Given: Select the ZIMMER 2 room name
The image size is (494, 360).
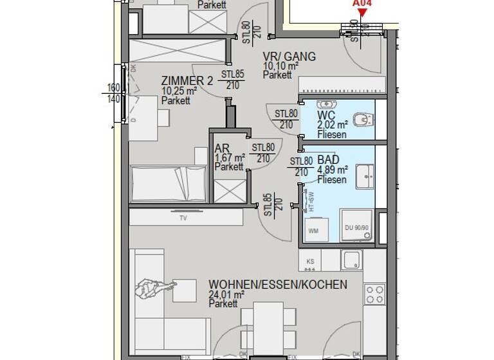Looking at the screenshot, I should pyautogui.click(x=187, y=81).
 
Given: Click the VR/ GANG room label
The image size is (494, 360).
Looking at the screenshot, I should pyautogui.click(x=289, y=57).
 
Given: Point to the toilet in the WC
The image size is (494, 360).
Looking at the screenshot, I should pyautogui.click(x=365, y=119).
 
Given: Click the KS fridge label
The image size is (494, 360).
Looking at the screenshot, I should pyautogui.click(x=310, y=261).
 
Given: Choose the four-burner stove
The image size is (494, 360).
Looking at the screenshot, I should pyautogui.click(x=374, y=294).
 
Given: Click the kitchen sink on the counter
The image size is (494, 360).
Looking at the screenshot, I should pyautogui.click(x=352, y=260).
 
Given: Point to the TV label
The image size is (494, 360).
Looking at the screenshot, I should pyautogui.click(x=183, y=218).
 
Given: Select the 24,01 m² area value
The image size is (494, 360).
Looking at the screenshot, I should pyautogui.click(x=226, y=295).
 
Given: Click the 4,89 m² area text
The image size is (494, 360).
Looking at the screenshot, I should pyautogui.click(x=333, y=170).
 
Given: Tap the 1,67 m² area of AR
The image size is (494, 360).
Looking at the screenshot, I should pyautogui.click(x=229, y=157).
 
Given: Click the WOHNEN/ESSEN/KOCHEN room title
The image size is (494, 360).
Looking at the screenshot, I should pyautogui.click(x=277, y=285).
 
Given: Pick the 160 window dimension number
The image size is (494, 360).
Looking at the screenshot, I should pyautogui.click(x=114, y=88).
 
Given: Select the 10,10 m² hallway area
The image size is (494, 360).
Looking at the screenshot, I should pyautogui.click(x=280, y=66).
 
